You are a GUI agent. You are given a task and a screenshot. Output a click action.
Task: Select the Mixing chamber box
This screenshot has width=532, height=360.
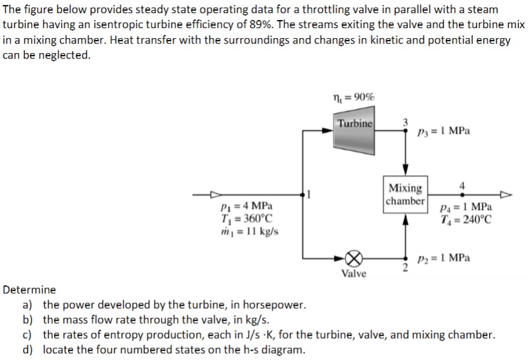coord(405,194)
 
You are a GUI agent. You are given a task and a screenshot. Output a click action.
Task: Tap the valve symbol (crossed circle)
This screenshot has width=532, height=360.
coord(354,257)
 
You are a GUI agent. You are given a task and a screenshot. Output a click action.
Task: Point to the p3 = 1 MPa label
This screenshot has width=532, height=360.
coord(444,132)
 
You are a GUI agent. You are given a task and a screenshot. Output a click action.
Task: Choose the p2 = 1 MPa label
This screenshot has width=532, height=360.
coord(444,258)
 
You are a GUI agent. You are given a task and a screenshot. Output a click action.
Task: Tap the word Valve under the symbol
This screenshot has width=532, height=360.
coord(354,274)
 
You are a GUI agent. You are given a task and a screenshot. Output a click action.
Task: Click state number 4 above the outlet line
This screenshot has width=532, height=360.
coord(462,185)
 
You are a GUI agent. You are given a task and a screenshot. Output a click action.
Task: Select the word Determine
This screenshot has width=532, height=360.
coord(29,290)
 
